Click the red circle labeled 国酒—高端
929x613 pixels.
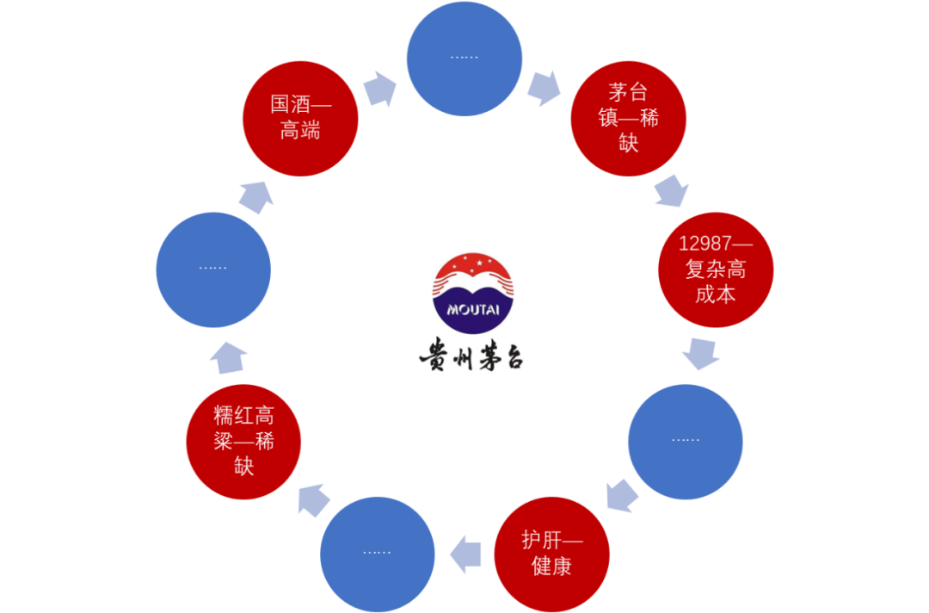tap(300, 118)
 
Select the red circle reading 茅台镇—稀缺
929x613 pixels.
tap(629, 118)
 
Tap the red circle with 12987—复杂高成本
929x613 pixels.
tap(716, 269)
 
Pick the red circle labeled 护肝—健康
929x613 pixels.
tap(552, 554)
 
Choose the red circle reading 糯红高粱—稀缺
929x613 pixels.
tap(244, 442)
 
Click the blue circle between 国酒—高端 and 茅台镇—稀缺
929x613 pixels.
tap(464, 58)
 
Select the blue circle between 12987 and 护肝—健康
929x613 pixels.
tap(686, 440)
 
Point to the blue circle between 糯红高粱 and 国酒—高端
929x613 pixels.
tap(213, 269)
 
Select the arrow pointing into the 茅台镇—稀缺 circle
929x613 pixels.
tap(544, 88)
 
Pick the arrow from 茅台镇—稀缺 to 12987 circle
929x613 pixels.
tap(672, 191)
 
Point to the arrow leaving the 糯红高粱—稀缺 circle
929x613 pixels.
tap(229, 356)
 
